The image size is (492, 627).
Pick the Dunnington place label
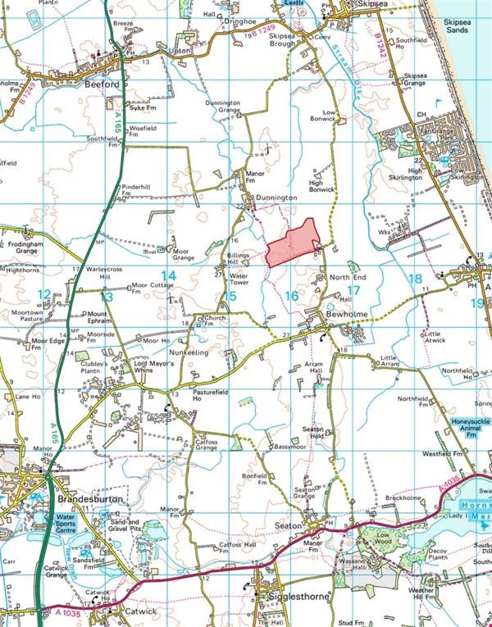(274, 198)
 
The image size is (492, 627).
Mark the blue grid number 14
(168, 275)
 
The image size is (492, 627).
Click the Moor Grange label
(184, 254)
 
